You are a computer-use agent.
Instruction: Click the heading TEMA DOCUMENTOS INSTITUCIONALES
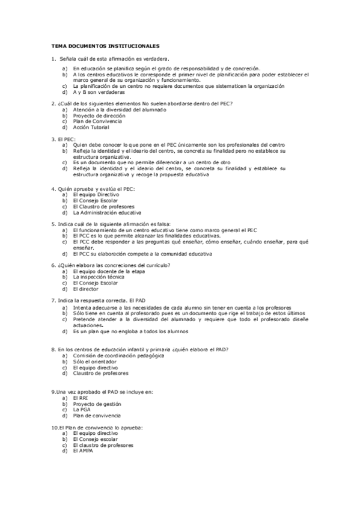[x=105, y=45]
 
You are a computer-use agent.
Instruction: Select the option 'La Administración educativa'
[x=107, y=212]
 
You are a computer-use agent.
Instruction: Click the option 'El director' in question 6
[x=86, y=288]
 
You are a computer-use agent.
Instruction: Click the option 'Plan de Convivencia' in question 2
[x=97, y=121]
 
